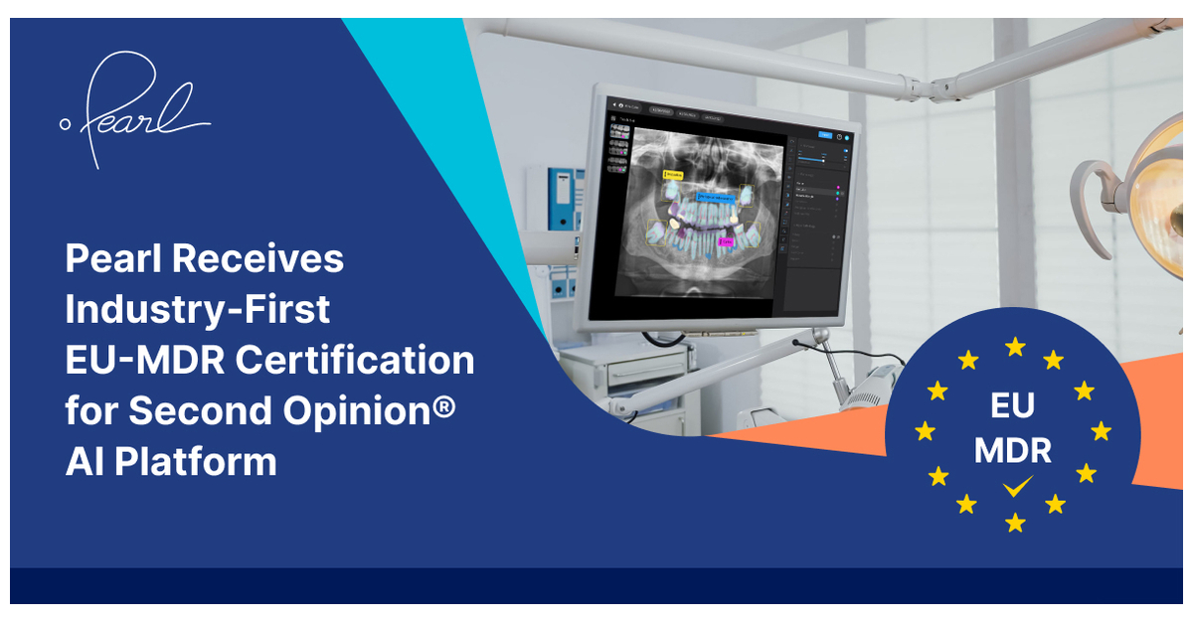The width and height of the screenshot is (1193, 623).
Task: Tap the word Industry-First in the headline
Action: (197, 309)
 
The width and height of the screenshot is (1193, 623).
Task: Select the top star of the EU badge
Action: (1015, 346)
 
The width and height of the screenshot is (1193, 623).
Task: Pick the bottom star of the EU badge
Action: (1015, 522)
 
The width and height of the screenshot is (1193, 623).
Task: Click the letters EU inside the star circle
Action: (1012, 405)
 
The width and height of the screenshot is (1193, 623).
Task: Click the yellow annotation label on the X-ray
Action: (675, 174)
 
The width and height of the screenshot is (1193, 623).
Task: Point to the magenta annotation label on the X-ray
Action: (726, 241)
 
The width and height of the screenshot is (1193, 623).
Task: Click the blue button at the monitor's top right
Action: (824, 135)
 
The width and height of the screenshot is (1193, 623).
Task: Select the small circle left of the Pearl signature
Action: (66, 124)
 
